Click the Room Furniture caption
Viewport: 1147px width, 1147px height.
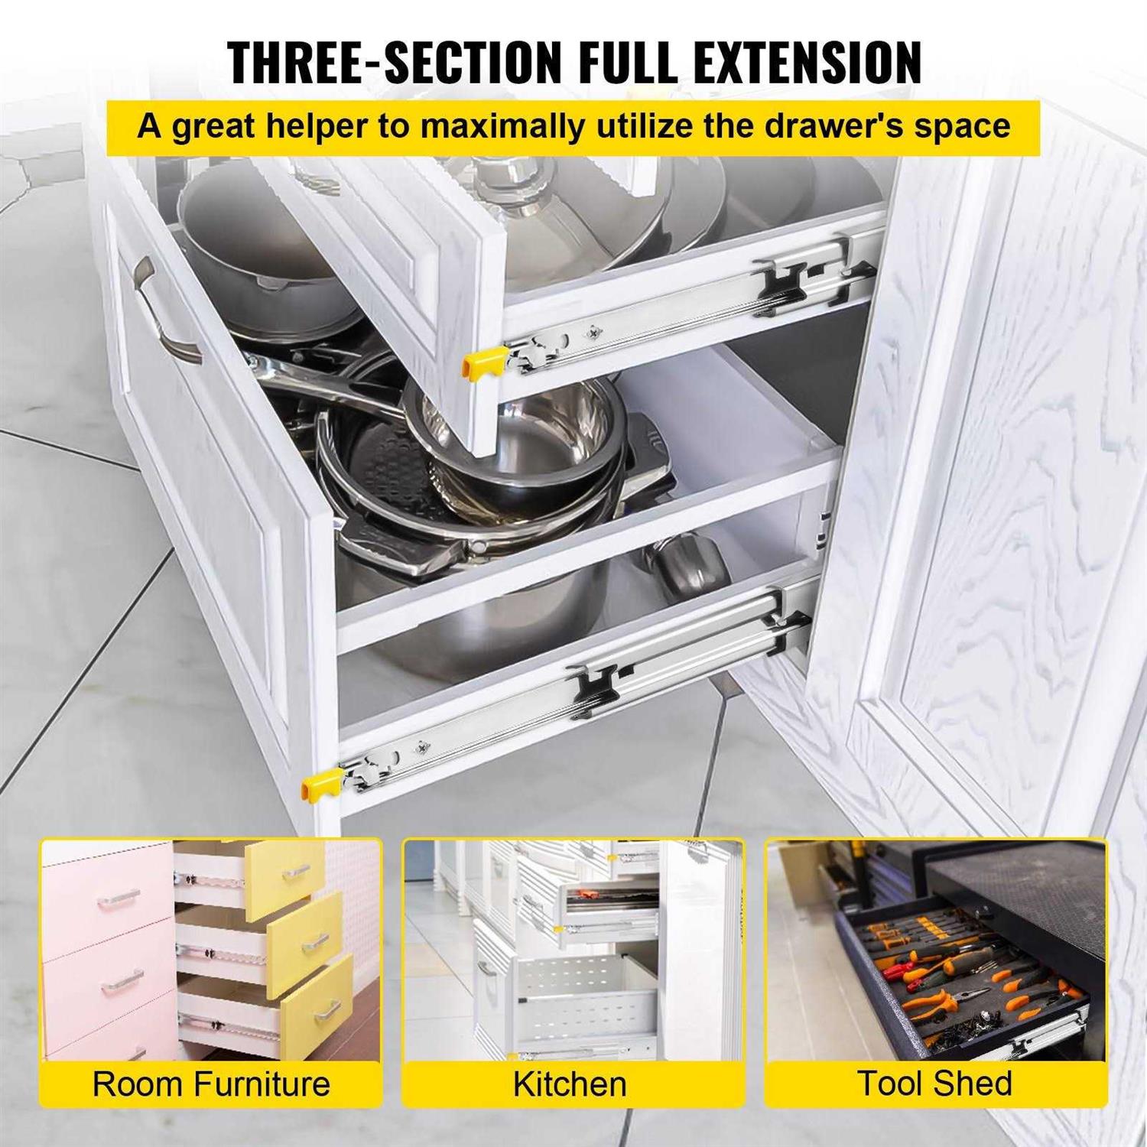(x=211, y=1084)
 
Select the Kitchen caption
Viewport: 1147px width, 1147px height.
(x=570, y=1084)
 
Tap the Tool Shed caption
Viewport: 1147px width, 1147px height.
(x=934, y=1084)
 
